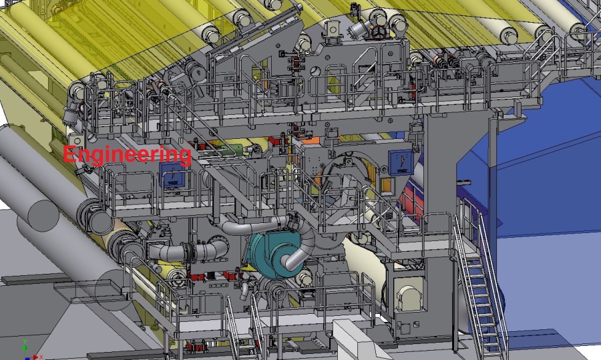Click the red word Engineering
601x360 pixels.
[127, 154]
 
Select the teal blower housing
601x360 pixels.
[273, 252]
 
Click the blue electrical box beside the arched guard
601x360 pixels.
[400, 162]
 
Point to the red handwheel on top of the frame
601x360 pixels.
[379, 33]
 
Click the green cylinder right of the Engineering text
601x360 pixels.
[237, 149]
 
